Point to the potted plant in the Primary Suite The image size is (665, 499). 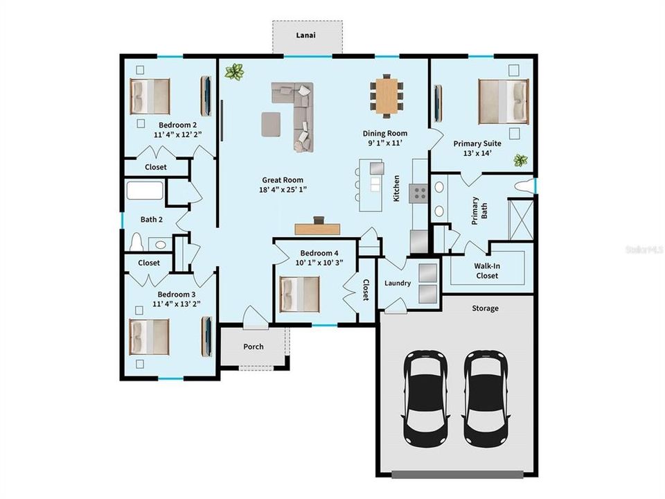pos(520,161)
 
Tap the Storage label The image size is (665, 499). pos(485,308)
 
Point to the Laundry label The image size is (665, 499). pos(398,283)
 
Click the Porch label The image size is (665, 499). pos(254,347)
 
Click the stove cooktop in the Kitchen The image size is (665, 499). pos(418,192)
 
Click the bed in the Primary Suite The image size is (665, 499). pos(502,100)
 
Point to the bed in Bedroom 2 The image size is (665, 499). pos(150,96)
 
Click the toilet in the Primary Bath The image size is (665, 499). pos(526,186)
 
